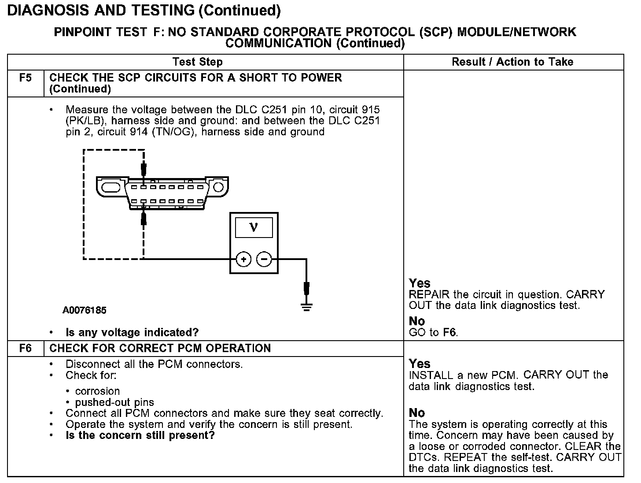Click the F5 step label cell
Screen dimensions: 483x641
[x=26, y=78]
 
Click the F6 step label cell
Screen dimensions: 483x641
[x=26, y=349]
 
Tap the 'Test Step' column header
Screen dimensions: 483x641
[x=198, y=62]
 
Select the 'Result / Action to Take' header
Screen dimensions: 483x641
[x=512, y=62]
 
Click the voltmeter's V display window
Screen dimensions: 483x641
[x=254, y=227]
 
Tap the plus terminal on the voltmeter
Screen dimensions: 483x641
[x=243, y=259]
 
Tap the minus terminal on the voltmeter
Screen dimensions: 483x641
[x=264, y=259]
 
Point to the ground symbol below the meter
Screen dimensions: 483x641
[x=307, y=306]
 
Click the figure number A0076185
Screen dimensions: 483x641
[x=85, y=310]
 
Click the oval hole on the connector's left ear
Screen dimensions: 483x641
[x=111, y=187]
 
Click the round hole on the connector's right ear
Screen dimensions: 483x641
[x=218, y=187]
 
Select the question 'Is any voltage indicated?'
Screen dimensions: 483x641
[x=132, y=332]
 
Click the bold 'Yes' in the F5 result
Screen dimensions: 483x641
[x=420, y=283]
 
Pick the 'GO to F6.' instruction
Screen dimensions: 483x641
[x=433, y=333]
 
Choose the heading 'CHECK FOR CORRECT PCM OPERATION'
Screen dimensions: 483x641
[x=160, y=349]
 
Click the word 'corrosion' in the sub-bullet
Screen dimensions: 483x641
[x=97, y=391]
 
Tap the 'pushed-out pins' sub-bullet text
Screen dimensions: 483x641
[x=114, y=402]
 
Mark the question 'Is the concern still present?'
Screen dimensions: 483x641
[x=140, y=436]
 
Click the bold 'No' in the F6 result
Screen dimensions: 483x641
[x=417, y=413]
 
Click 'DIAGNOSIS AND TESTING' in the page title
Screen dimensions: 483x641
[x=101, y=10]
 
